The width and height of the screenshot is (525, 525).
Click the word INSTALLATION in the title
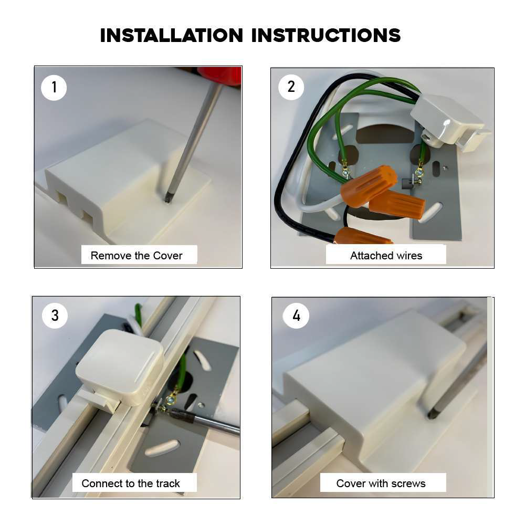172,35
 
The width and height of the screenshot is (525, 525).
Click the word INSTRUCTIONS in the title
326,35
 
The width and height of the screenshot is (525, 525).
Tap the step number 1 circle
54,87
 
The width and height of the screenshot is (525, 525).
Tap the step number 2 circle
291,87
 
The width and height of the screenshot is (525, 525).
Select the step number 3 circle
55,316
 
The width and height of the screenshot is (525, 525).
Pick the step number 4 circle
296,316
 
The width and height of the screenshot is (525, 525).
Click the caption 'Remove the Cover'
136,256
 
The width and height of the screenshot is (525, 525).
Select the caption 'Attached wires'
386,256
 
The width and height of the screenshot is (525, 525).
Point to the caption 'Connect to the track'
131,484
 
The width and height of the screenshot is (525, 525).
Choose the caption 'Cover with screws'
381,484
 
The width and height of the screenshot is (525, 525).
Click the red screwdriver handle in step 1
220,75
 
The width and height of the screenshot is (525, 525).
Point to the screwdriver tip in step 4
432,415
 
